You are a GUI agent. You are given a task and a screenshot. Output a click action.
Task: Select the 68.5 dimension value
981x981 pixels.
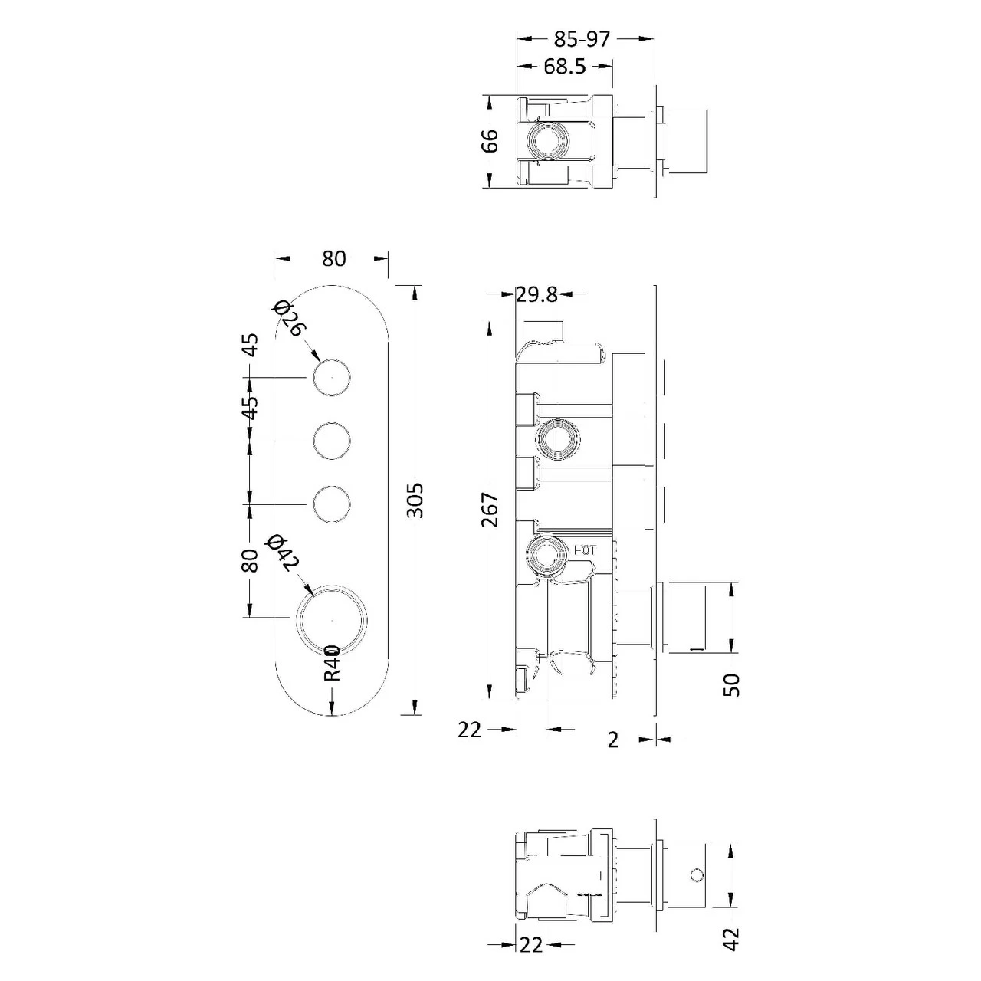click(565, 67)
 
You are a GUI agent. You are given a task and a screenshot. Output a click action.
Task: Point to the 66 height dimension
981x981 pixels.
click(490, 140)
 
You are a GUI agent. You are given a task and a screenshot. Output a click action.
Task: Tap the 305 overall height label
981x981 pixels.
click(415, 500)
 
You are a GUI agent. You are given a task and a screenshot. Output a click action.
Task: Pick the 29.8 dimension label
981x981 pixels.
click(536, 294)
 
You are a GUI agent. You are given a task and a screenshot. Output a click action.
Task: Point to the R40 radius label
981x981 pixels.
click(331, 662)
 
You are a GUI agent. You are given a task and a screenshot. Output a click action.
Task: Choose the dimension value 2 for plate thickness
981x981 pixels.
click(612, 740)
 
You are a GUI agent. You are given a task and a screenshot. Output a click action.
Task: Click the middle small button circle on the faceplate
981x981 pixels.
click(332, 441)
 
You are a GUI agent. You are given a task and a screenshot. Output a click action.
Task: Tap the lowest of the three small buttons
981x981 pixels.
click(332, 504)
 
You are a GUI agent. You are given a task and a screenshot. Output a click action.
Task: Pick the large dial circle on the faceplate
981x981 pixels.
click(332, 618)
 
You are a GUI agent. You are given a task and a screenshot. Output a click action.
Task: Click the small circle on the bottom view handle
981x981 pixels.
click(697, 874)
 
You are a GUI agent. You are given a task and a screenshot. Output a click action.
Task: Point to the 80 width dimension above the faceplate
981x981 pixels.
click(333, 259)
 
